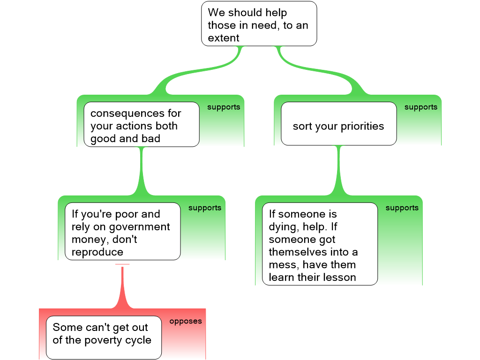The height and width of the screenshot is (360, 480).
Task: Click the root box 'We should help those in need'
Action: (259, 24)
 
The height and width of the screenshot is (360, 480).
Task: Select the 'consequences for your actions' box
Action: (141, 125)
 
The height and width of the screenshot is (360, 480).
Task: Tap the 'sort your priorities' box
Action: (338, 124)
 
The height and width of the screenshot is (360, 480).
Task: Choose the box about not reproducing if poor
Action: (122, 231)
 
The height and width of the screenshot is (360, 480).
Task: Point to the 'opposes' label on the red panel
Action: (186, 322)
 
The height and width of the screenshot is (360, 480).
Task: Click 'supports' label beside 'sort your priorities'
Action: (420, 107)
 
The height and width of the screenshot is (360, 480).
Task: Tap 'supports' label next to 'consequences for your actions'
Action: (224, 107)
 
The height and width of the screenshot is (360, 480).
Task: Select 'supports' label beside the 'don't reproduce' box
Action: (205, 208)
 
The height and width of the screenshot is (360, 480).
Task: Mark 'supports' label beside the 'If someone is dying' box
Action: (402, 208)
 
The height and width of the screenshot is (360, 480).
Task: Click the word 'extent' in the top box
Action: (224, 38)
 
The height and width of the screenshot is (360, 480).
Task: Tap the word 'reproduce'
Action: (97, 252)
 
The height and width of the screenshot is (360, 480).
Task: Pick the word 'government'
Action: (139, 227)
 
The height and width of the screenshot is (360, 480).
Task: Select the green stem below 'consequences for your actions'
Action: (141, 171)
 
